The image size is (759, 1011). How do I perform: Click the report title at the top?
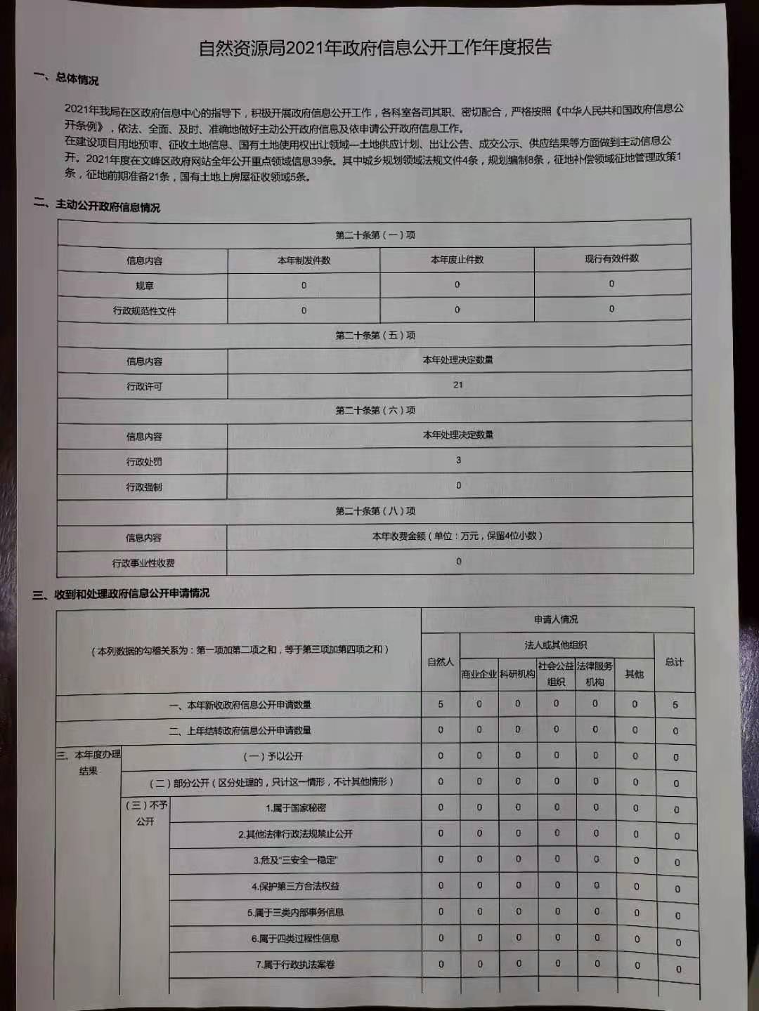click(375, 48)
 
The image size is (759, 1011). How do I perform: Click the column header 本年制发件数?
click(304, 260)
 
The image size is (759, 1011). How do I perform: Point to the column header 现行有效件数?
click(611, 258)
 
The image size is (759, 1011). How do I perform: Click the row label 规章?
click(144, 286)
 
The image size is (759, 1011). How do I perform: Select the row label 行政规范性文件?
click(144, 311)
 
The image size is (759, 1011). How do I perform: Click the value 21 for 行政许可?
click(458, 385)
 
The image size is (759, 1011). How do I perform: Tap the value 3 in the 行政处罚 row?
click(458, 461)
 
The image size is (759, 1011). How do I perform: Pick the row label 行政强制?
click(143, 487)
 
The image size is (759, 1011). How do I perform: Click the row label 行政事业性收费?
click(143, 563)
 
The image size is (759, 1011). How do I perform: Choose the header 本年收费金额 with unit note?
click(458, 536)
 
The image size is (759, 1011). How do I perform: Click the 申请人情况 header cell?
click(555, 619)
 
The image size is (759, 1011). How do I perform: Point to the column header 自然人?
click(441, 662)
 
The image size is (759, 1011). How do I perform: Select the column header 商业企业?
click(479, 674)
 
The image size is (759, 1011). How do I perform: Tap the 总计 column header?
click(674, 662)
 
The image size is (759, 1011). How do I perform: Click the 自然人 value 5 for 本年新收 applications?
click(441, 704)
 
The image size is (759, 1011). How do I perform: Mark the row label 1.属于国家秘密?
click(296, 808)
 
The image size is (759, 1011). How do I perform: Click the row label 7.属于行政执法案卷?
click(295, 965)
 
